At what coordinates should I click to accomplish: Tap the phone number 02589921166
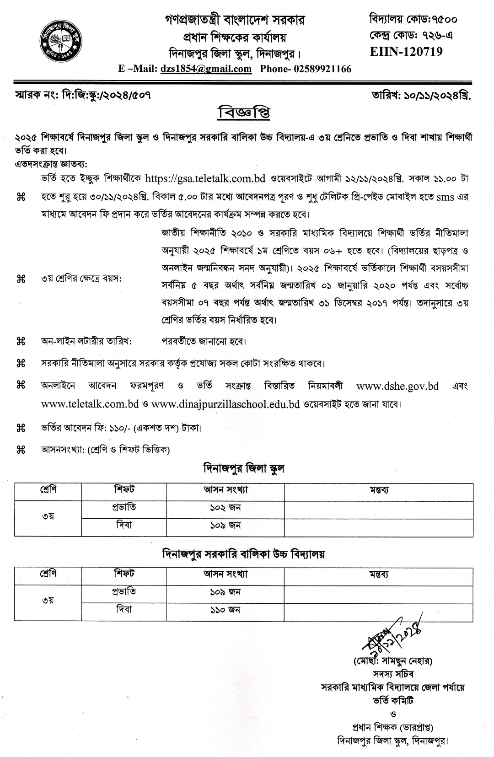[323, 69]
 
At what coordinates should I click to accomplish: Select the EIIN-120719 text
[406, 52]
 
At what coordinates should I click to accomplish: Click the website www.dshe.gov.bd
[397, 386]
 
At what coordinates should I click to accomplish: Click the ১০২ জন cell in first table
[225, 507]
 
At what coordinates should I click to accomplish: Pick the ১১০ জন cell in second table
[225, 610]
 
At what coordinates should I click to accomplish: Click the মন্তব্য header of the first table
[379, 490]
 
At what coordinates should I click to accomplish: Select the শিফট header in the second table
[124, 573]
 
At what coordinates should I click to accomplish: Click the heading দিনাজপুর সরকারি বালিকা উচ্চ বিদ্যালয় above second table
[243, 554]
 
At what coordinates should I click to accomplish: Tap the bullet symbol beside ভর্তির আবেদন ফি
[21, 429]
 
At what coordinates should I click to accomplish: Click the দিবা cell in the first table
[124, 526]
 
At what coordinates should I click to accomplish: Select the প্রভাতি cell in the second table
[124, 591]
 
